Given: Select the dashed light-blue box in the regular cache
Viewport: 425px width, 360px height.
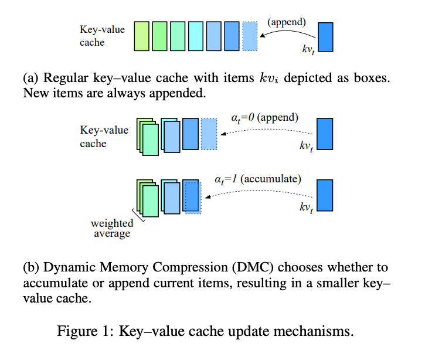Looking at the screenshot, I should (250, 36).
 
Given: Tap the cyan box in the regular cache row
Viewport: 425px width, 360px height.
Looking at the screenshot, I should (196, 36).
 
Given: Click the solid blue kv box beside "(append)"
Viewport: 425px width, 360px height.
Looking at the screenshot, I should (325, 36).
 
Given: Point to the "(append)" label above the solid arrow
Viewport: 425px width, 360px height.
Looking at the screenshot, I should (287, 22).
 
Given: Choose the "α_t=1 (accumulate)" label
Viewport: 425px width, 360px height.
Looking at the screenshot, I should (259, 178).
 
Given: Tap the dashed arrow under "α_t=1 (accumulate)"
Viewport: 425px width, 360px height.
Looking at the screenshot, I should (258, 194).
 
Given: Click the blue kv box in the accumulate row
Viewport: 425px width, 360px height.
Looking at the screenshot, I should (325, 195).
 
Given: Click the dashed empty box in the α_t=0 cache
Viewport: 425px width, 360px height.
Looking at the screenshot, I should (209, 133).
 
